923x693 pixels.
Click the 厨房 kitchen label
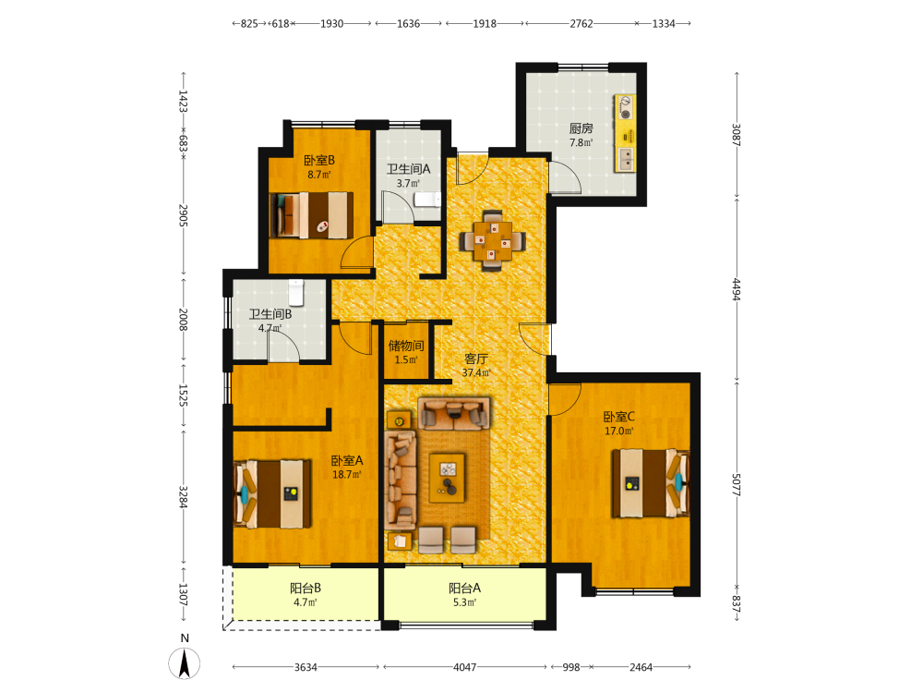tap(581, 128)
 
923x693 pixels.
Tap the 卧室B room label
tap(319, 160)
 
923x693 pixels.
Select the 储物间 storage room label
tap(406, 346)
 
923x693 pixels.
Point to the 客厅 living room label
tap(476, 359)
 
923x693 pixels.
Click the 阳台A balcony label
tap(464, 588)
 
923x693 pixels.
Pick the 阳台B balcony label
tap(306, 588)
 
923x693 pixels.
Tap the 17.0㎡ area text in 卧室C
tap(619, 431)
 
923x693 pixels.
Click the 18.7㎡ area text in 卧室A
tap(347, 474)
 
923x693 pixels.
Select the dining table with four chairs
tap(493, 240)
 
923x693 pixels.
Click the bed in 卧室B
tap(312, 215)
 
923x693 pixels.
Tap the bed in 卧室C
tap(651, 483)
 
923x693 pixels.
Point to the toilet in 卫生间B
tap(296, 293)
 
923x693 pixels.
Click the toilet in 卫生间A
tap(427, 200)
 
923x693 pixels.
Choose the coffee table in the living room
tap(447, 478)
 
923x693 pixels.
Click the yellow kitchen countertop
tap(625, 133)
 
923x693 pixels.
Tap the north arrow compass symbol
tap(185, 663)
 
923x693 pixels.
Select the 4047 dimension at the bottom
tap(464, 667)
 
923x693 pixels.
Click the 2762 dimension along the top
tap(581, 24)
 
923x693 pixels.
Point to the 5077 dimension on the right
tap(737, 484)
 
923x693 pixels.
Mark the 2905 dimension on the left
tap(183, 215)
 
